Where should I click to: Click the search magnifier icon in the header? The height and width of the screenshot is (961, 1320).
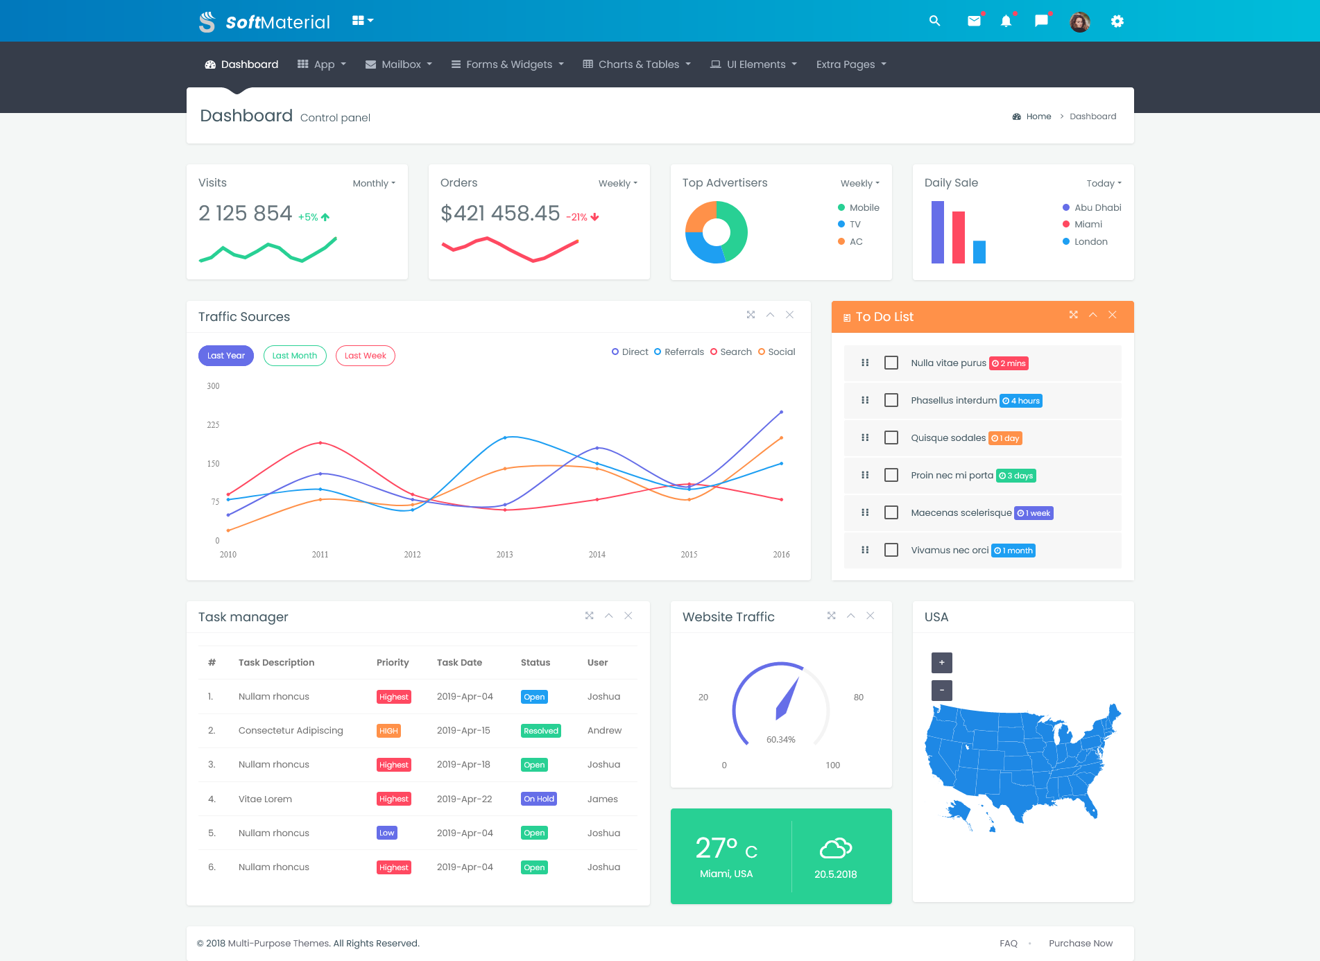point(934,21)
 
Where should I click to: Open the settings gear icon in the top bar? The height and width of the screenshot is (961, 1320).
point(1117,21)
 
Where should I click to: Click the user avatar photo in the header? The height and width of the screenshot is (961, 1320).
point(1079,21)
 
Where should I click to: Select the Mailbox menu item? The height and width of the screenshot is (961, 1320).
point(399,64)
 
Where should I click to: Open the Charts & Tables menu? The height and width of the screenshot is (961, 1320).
point(637,64)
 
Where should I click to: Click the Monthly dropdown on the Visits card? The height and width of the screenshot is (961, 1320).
point(374,183)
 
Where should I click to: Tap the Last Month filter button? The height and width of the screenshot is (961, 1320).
point(295,356)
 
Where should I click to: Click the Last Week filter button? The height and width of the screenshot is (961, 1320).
point(366,356)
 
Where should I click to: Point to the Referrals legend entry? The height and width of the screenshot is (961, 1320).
point(679,352)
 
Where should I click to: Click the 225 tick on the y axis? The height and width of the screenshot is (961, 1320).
point(213,425)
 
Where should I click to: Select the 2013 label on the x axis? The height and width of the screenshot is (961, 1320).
point(504,555)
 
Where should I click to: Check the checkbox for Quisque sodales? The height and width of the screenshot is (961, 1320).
point(891,438)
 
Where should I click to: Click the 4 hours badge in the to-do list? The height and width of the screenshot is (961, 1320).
point(1021,401)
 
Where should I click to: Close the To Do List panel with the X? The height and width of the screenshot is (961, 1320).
point(1113,315)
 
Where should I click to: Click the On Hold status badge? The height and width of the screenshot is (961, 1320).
point(539,799)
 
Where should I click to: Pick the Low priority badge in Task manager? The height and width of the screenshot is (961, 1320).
point(387,833)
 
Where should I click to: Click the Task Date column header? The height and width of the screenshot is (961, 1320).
point(459,662)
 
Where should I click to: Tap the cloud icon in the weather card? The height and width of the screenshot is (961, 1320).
point(835,847)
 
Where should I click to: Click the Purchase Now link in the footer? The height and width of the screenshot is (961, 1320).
point(1080,943)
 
